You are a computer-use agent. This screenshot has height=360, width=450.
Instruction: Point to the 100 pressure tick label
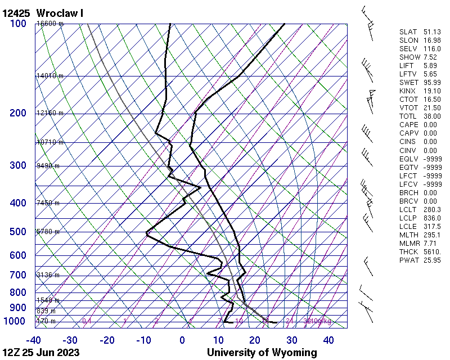point(18,23)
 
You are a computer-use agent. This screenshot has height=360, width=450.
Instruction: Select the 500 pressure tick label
point(18,232)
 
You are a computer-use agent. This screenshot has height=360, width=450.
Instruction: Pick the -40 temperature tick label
point(33,340)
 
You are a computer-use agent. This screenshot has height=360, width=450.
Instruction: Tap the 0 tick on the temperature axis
point(182,340)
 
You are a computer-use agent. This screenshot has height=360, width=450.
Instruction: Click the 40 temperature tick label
point(329,340)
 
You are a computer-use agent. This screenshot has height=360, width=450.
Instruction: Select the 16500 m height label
point(50,24)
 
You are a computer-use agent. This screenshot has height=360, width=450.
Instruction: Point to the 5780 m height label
point(48,232)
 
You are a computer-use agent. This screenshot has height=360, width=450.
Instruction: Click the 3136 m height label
point(48,275)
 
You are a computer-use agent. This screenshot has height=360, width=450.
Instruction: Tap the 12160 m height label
point(50,113)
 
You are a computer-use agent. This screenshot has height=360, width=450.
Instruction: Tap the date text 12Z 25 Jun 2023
point(40,353)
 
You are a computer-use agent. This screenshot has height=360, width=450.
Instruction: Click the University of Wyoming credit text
point(262,353)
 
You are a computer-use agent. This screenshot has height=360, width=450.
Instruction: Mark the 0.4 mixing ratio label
point(87,321)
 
